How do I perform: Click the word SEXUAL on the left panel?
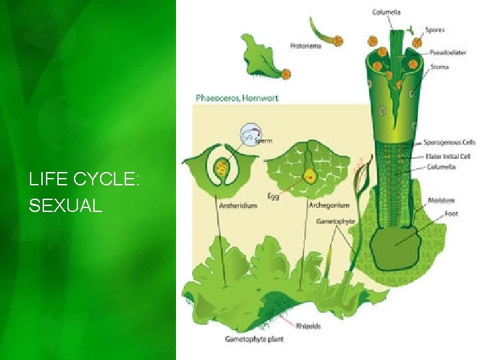(65, 206)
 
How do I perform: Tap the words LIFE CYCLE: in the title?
(83, 179)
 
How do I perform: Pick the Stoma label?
(439, 67)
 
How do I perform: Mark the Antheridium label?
(238, 206)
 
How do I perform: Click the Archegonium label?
(329, 205)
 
